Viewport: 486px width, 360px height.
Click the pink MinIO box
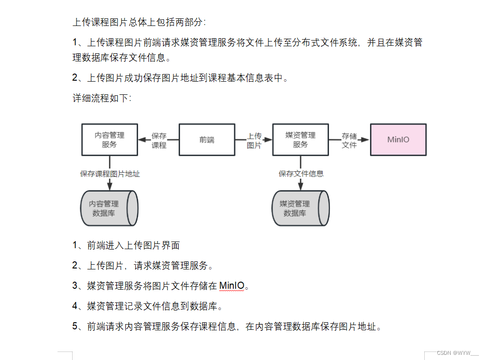(398, 140)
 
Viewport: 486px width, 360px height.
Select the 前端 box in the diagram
(207, 140)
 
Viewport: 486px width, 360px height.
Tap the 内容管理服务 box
(110, 140)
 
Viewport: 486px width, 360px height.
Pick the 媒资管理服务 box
(301, 140)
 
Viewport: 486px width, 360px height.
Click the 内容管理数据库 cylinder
(109, 208)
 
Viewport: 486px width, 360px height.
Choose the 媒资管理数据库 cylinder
(301, 208)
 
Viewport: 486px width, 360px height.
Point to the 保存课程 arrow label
(159, 141)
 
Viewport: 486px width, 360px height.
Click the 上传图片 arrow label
(254, 141)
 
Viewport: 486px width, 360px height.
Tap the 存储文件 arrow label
(349, 141)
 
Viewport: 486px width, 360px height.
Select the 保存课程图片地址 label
(110, 174)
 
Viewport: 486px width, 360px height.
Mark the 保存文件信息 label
(301, 174)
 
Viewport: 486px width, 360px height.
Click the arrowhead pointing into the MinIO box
(365, 140)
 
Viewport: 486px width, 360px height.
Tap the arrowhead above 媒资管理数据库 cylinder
(301, 186)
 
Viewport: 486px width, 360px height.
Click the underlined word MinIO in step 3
(232, 285)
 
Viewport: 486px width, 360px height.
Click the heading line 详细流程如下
(102, 98)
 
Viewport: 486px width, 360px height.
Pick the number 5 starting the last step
(74, 326)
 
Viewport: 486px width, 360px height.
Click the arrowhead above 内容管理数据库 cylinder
(110, 186)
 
